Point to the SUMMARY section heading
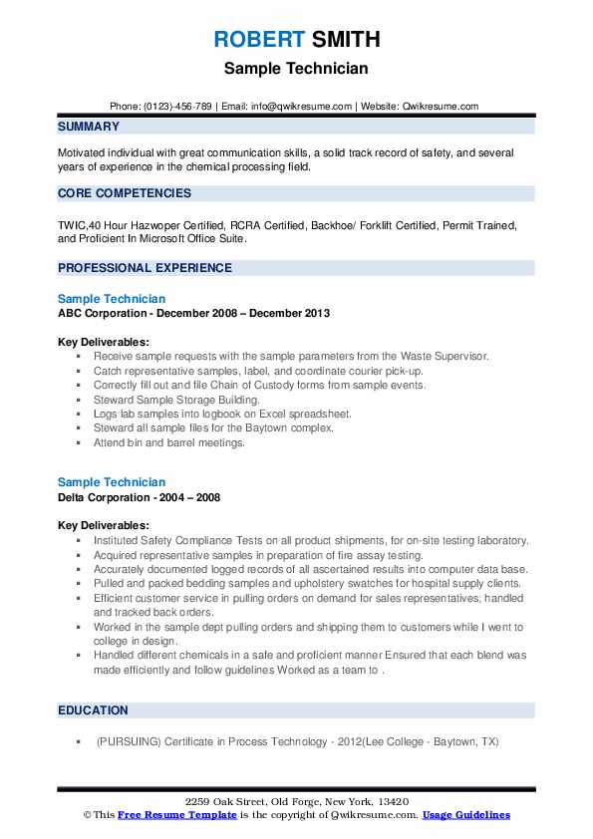(89, 127)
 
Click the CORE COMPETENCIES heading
(125, 193)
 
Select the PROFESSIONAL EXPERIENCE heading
(145, 268)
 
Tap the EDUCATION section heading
(93, 710)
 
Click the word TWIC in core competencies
(72, 226)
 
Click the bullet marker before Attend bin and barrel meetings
(79, 442)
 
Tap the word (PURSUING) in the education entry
(128, 742)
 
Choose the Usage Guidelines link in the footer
(466, 815)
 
